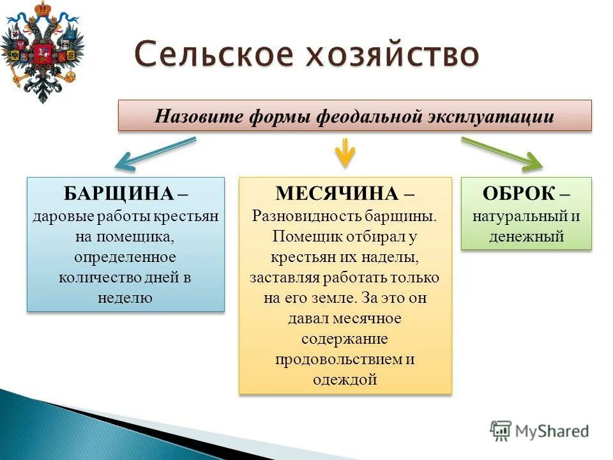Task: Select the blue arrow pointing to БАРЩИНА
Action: click(157, 153)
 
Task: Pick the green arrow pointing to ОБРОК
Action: click(502, 153)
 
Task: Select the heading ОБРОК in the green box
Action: click(519, 194)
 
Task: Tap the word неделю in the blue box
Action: click(126, 298)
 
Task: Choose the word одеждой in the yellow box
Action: click(345, 379)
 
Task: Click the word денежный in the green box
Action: click(526, 236)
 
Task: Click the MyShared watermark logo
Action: click(540, 431)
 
